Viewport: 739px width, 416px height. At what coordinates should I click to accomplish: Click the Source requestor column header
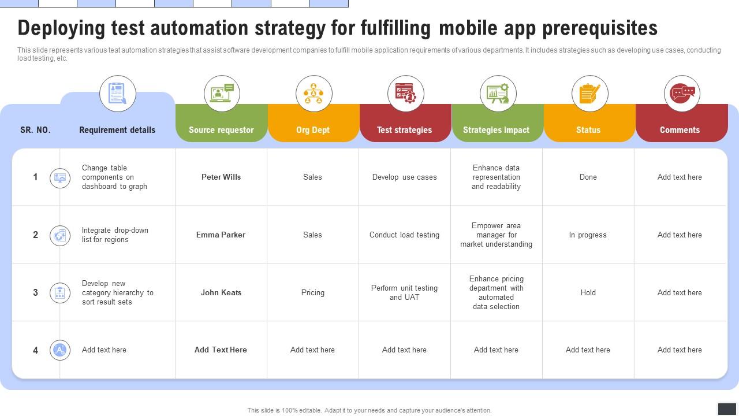click(x=221, y=130)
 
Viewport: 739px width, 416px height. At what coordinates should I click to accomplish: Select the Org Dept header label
click(x=313, y=130)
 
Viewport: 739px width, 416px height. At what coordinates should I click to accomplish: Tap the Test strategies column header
click(x=404, y=130)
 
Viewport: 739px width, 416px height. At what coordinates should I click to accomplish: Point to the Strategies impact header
click(x=496, y=130)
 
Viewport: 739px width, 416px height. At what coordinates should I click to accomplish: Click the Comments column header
click(x=680, y=130)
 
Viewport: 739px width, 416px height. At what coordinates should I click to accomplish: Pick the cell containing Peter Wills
click(x=221, y=177)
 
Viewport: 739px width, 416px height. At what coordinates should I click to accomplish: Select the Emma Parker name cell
click(x=221, y=235)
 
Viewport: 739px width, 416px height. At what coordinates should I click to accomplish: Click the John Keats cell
click(x=221, y=293)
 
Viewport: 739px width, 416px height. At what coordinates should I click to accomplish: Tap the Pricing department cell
click(x=313, y=293)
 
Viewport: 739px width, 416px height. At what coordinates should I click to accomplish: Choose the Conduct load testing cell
click(x=404, y=235)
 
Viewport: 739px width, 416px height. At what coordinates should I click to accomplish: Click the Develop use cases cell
click(x=404, y=177)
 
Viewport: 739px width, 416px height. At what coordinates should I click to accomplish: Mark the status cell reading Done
click(x=588, y=177)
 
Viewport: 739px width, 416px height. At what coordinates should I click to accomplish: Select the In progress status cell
click(x=588, y=235)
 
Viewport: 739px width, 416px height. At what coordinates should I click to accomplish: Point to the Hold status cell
click(x=588, y=293)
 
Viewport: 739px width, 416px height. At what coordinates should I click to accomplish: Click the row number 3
click(x=35, y=293)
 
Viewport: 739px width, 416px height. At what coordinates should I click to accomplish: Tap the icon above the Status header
click(x=589, y=93)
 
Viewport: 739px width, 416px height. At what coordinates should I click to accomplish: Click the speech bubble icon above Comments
click(x=682, y=93)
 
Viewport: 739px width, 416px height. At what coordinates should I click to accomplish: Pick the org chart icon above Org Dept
click(x=313, y=93)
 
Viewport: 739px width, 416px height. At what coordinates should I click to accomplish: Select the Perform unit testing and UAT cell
click(x=404, y=293)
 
